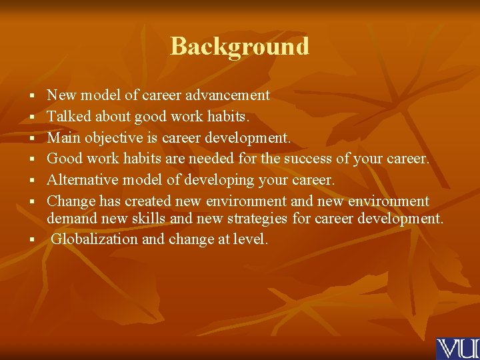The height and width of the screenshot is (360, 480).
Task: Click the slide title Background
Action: [x=240, y=46]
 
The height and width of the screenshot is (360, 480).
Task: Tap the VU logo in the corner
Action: [x=457, y=349]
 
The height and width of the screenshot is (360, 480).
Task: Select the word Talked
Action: [x=67, y=117]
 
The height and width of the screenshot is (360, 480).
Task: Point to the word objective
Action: [x=117, y=138]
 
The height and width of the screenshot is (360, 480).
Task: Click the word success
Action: [x=307, y=159]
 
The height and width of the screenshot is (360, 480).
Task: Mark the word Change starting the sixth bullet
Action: [x=71, y=201]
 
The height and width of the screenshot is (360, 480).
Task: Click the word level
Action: [x=249, y=239]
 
